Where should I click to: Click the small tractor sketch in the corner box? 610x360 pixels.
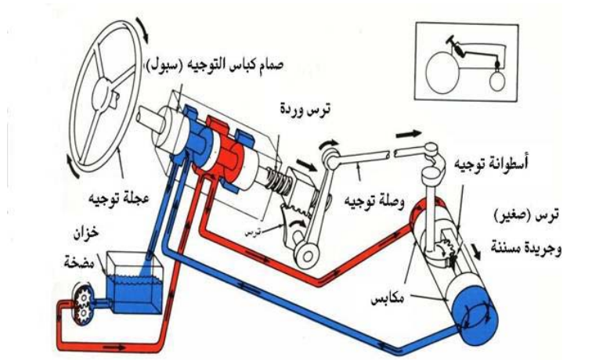[x=468, y=63]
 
